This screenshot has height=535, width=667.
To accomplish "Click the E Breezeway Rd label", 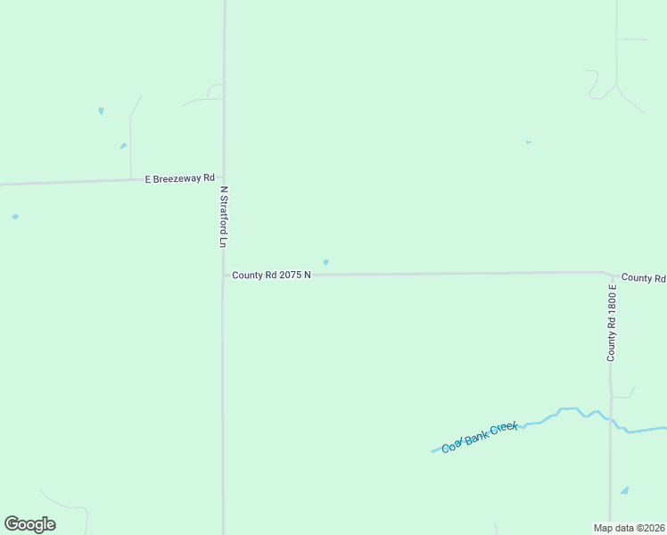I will [x=180, y=178].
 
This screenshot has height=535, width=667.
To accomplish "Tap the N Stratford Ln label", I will [x=225, y=217].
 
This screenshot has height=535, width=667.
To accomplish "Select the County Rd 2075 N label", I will [x=271, y=276].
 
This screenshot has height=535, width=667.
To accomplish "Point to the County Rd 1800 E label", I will [x=612, y=323].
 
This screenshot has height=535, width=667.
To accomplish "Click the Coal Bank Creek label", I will [x=480, y=437].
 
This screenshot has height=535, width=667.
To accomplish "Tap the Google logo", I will [x=29, y=524].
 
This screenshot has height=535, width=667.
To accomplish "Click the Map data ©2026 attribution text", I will [x=630, y=528].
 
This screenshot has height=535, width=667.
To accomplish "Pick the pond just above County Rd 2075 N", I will [x=325, y=262].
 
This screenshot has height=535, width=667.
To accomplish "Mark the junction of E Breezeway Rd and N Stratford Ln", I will [x=223, y=178].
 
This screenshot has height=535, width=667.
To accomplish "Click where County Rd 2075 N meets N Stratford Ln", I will [x=223, y=276].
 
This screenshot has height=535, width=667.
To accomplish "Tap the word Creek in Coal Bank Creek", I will [x=504, y=429].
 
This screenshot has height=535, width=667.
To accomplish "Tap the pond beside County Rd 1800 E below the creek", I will [x=624, y=490].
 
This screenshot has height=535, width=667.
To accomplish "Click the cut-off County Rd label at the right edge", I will [x=644, y=278].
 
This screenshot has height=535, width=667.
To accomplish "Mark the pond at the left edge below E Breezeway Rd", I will [x=15, y=216].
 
